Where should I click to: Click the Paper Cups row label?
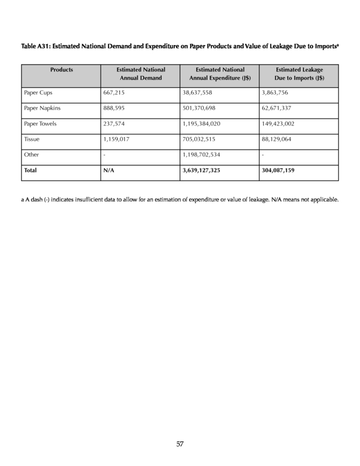click(x=38, y=92)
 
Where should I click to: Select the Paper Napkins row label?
click(x=42, y=107)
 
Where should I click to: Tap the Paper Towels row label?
click(x=40, y=123)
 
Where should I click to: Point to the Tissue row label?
click(x=31, y=138)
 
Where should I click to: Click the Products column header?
click(x=61, y=70)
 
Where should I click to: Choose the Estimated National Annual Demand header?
click(x=141, y=74)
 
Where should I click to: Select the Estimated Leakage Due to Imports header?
click(x=299, y=74)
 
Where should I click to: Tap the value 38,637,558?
click(x=197, y=92)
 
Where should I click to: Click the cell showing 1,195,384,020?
click(x=201, y=123)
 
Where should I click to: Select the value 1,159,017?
click(x=116, y=138)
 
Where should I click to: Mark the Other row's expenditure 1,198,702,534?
click(x=201, y=154)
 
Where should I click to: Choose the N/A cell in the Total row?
click(x=109, y=170)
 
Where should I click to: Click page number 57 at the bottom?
click(x=180, y=445)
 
